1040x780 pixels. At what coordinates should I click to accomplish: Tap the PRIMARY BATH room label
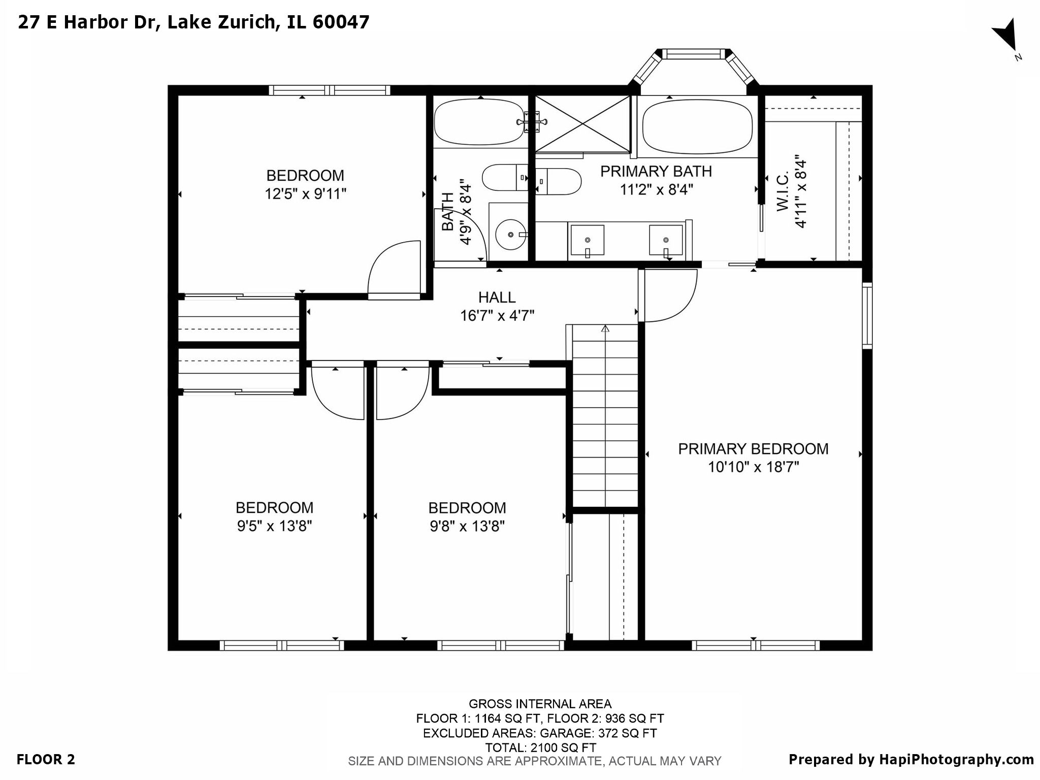(656, 172)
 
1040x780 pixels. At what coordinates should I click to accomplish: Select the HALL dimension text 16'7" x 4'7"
(497, 316)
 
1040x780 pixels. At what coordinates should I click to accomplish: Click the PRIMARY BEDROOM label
(753, 449)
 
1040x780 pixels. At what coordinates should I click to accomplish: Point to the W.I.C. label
(783, 191)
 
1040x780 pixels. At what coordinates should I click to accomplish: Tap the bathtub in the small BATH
(479, 122)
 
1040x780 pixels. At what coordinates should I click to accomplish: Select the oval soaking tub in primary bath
(697, 126)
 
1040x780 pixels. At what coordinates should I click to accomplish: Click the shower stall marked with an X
(582, 123)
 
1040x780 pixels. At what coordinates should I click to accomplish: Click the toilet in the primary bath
(559, 181)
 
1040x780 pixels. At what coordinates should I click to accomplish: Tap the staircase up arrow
(605, 330)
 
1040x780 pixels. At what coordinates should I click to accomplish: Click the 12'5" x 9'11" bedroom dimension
(305, 194)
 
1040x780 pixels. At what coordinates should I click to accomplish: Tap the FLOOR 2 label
(46, 760)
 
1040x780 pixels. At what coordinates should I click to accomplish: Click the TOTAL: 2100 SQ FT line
(540, 747)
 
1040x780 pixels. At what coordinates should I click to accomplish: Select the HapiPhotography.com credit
(911, 760)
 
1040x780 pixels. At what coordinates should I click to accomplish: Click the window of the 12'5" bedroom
(330, 90)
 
